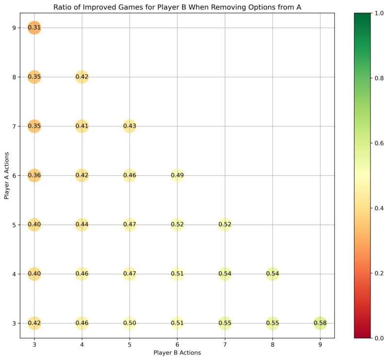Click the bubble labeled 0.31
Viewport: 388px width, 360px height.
[34, 28]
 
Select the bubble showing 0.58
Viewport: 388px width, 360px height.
[320, 323]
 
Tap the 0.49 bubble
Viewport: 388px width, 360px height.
[177, 175]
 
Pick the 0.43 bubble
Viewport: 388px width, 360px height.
[129, 126]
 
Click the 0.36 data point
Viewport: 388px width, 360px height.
[34, 175]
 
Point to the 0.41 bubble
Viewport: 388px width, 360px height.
[81, 126]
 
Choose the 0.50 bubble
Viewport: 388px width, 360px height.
[129, 323]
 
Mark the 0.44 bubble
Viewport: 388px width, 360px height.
[81, 225]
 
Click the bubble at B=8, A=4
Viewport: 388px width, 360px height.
[273, 274]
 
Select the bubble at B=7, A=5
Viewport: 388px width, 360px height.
[225, 225]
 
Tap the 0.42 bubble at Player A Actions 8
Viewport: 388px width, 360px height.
[81, 77]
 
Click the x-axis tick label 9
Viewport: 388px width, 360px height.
[320, 344]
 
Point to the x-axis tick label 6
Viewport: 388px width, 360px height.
[177, 344]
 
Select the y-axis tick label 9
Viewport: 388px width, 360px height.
[14, 28]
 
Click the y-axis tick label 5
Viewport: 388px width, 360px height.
[14, 225]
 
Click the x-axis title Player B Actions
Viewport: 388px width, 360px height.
[177, 353]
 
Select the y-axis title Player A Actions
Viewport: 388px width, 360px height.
[6, 175]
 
